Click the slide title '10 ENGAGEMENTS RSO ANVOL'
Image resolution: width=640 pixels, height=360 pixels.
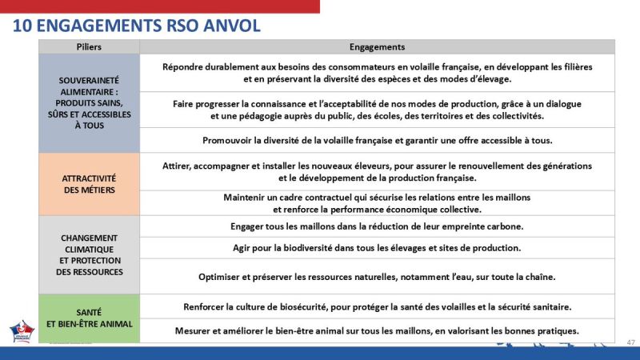pyautogui.click(x=137, y=26)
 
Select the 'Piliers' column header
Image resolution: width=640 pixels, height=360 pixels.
pyautogui.click(x=89, y=47)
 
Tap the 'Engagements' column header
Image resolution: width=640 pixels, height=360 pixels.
pyautogui.click(x=377, y=47)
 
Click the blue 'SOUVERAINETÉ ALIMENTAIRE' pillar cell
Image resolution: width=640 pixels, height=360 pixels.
pyautogui.click(x=89, y=103)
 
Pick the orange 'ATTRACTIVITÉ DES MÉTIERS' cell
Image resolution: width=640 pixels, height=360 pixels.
pyautogui.click(x=89, y=184)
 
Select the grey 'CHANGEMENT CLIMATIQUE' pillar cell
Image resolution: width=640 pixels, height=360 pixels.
pyautogui.click(x=89, y=254)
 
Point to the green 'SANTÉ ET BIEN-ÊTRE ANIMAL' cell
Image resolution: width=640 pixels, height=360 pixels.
pyautogui.click(x=89, y=318)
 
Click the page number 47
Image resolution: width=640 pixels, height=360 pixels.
pyautogui.click(x=630, y=342)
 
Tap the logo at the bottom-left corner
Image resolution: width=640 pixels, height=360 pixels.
pyautogui.click(x=22, y=331)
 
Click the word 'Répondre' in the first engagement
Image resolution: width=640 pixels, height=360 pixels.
pyautogui.click(x=185, y=67)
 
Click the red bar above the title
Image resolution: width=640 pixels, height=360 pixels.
pyautogui.click(x=160, y=6)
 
